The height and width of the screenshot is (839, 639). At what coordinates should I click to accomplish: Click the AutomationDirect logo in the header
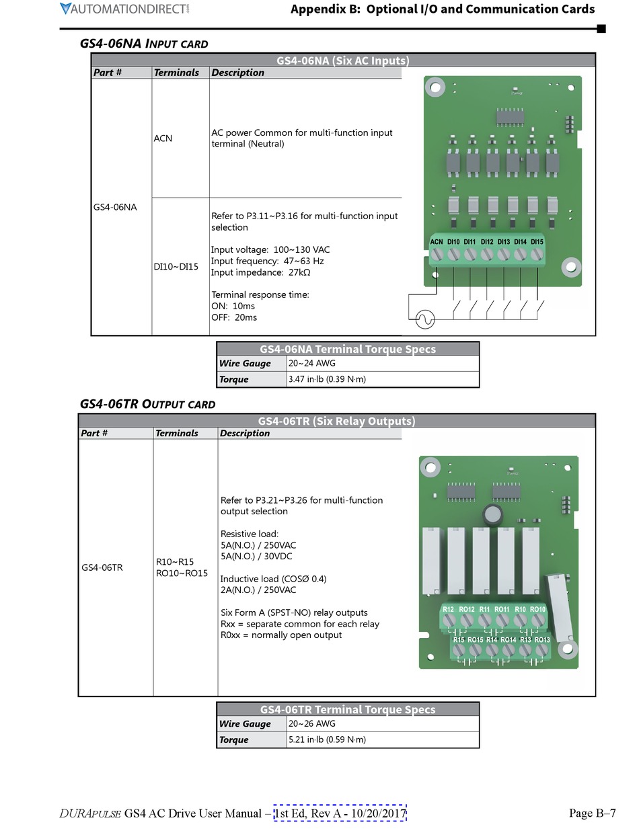pyautogui.click(x=124, y=9)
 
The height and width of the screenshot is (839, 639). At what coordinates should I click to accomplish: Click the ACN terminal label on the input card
pyautogui.click(x=437, y=242)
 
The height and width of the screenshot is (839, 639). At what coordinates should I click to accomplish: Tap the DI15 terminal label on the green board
pyautogui.click(x=537, y=242)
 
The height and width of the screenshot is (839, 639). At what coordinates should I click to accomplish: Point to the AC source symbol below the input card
pyautogui.click(x=424, y=319)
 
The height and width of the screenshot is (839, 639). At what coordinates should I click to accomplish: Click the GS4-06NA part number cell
pyautogui.click(x=115, y=207)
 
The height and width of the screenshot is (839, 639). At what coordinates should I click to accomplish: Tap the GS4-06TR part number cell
pyautogui.click(x=102, y=567)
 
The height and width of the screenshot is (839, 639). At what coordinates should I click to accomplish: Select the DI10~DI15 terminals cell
pyautogui.click(x=176, y=266)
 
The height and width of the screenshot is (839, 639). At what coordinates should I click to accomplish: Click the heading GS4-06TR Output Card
pyautogui.click(x=147, y=404)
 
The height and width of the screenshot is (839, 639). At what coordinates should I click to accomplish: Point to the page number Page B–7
pyautogui.click(x=592, y=813)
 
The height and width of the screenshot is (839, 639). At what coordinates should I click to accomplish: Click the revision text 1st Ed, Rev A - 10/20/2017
pyautogui.click(x=340, y=813)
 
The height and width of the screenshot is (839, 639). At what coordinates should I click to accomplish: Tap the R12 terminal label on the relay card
pyautogui.click(x=449, y=609)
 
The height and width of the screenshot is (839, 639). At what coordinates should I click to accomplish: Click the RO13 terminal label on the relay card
pyautogui.click(x=542, y=639)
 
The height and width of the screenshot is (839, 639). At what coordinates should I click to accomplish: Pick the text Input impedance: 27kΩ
pyautogui.click(x=261, y=272)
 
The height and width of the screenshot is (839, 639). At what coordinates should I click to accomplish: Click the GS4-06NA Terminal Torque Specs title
pyautogui.click(x=348, y=349)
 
